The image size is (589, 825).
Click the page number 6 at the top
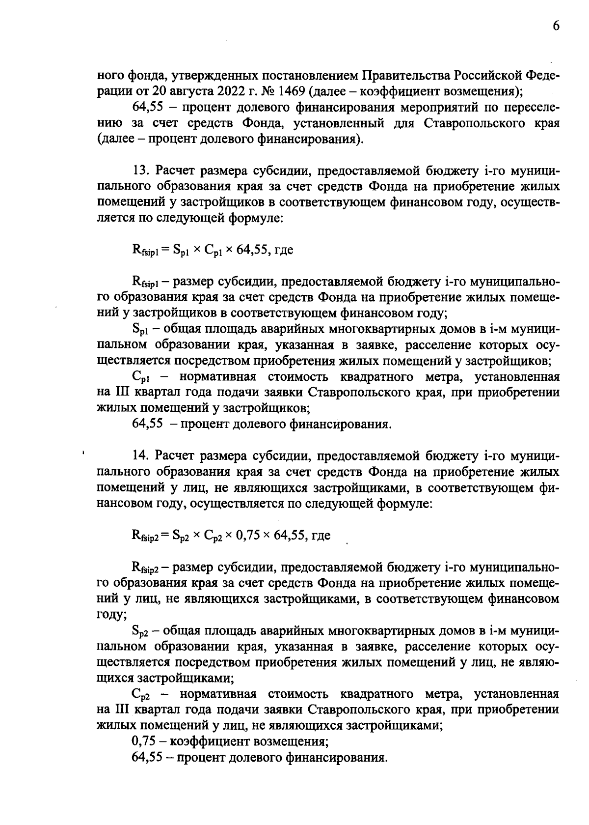556,27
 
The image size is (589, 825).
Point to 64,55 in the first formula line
252,250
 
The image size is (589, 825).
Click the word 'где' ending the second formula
321,535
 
